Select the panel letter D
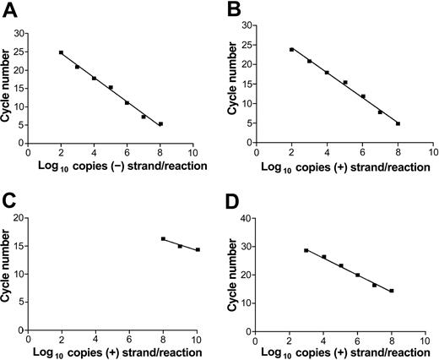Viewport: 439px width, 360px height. coord(232,200)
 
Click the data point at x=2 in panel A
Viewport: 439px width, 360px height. coord(61,52)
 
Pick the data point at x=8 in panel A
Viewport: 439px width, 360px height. coord(160,124)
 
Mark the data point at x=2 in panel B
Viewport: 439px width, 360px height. coord(291,49)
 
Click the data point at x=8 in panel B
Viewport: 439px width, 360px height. coord(398,123)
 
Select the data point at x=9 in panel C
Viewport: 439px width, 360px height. coord(180,246)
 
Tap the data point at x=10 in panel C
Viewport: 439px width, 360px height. coord(198,249)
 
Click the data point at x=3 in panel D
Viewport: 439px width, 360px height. coord(306,250)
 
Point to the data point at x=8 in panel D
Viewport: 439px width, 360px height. coord(392,291)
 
